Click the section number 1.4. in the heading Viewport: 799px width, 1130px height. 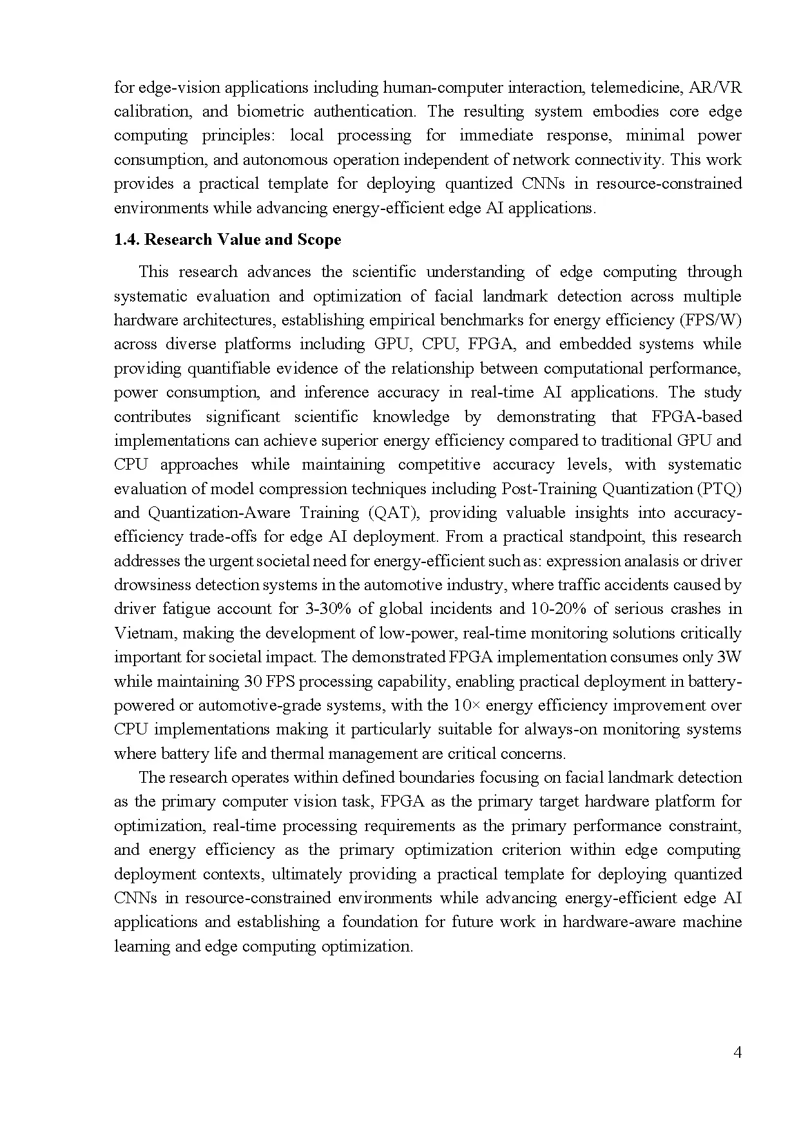coord(126,240)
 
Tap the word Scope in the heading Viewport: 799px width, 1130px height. coord(319,240)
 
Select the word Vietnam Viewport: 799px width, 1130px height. coord(145,633)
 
